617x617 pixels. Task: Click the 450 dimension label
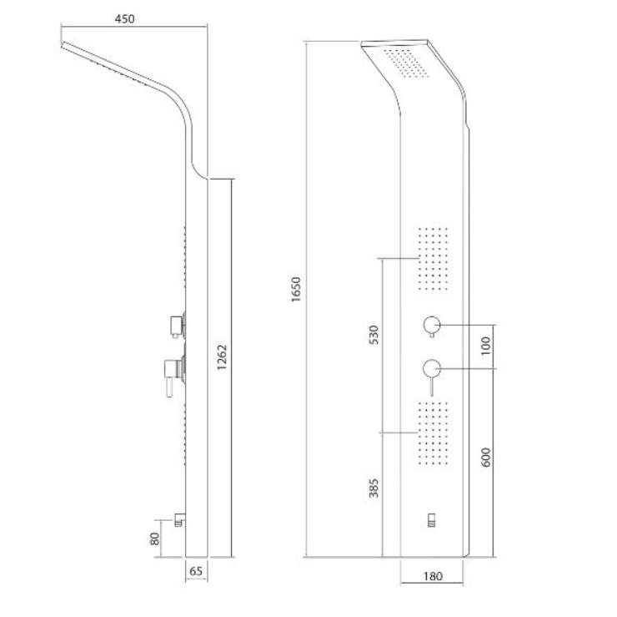click(x=124, y=19)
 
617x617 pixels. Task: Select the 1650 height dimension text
click(x=296, y=289)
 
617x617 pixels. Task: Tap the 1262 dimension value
click(x=223, y=357)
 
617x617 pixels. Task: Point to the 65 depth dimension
click(x=196, y=571)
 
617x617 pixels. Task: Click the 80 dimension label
click(x=155, y=539)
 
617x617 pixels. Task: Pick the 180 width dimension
click(x=433, y=576)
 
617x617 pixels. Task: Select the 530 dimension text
click(x=374, y=335)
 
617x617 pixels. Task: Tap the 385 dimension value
click(x=374, y=488)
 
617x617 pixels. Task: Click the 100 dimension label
click(x=486, y=346)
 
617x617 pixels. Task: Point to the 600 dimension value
click(x=486, y=457)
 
